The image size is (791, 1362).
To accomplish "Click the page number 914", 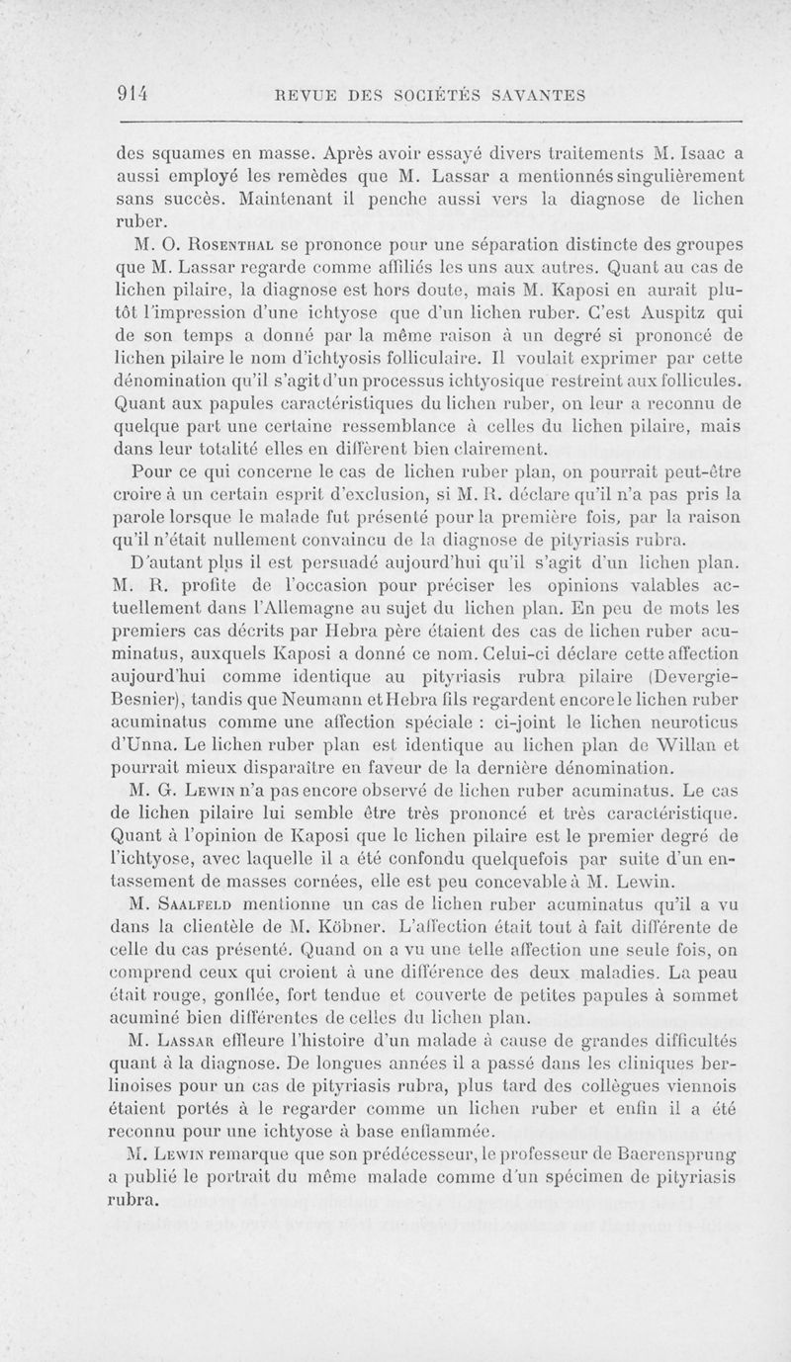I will point(131,95).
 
